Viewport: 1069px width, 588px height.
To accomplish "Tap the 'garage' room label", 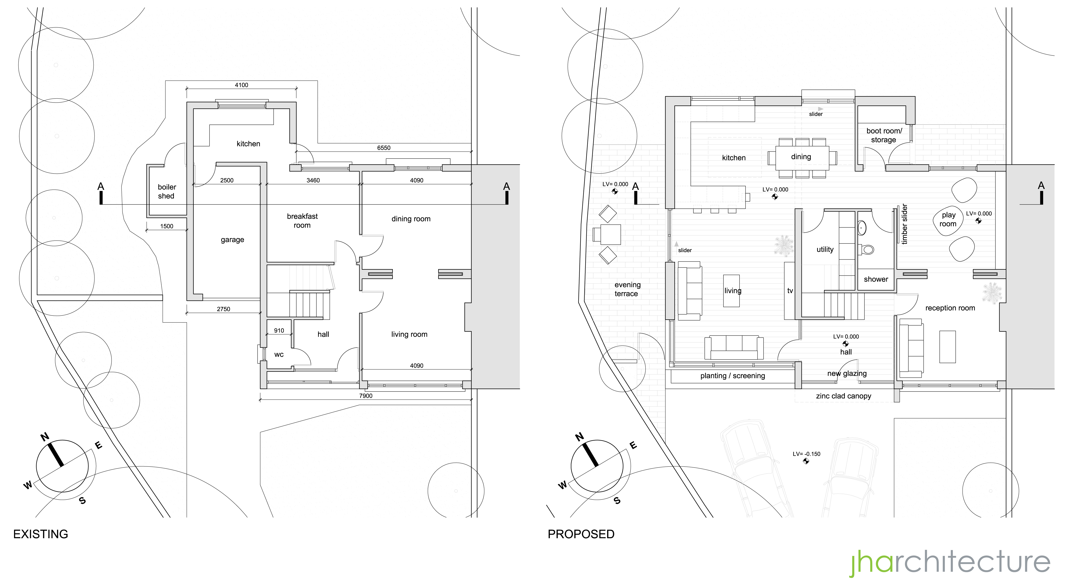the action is tap(232, 240).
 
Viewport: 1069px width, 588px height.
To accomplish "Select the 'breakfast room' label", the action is tap(302, 221).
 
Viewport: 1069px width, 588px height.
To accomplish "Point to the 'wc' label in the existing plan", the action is tap(279, 354).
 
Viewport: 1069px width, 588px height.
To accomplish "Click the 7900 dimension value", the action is tap(366, 396).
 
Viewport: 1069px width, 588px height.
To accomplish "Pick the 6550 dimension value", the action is tap(383, 148).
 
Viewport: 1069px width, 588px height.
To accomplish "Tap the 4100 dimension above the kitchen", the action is tap(241, 85).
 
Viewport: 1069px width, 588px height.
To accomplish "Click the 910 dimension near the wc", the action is tap(279, 331).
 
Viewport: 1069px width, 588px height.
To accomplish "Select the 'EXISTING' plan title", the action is tap(41, 534).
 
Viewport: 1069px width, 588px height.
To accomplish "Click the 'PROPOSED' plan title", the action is tap(581, 534).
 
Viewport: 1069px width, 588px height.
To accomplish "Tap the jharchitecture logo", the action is tap(950, 563).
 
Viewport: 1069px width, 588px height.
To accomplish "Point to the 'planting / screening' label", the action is tap(733, 376).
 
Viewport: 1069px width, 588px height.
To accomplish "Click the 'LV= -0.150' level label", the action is tap(806, 454).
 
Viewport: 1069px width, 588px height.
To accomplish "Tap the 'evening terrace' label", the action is tap(627, 289).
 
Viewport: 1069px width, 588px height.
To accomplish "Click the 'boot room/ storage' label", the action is tap(884, 135).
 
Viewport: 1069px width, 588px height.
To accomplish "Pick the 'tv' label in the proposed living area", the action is tap(790, 291).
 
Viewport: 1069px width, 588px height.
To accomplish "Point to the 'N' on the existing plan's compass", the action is tap(45, 437).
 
